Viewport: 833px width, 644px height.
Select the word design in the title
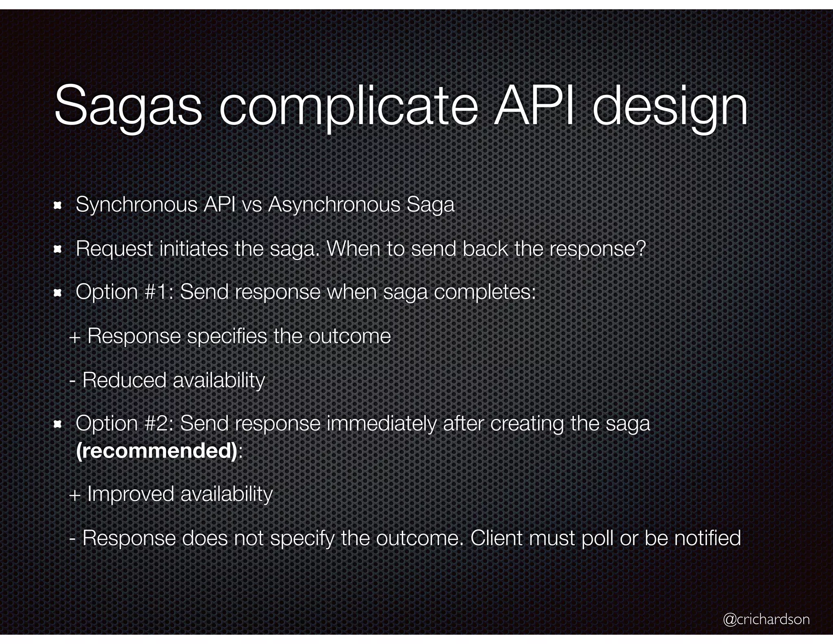[x=669, y=107]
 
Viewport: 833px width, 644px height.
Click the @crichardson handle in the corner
[x=766, y=619]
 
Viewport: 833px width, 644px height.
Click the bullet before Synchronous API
[x=57, y=205]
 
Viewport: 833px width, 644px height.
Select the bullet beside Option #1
[x=57, y=292]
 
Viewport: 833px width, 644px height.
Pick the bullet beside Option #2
[x=57, y=425]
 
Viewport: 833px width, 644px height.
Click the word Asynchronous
[x=334, y=204]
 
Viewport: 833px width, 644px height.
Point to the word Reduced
[x=124, y=380]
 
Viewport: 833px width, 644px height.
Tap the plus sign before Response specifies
[x=75, y=337]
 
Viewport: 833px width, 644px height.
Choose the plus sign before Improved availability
[x=75, y=495]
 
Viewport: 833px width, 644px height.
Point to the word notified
[x=707, y=538]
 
